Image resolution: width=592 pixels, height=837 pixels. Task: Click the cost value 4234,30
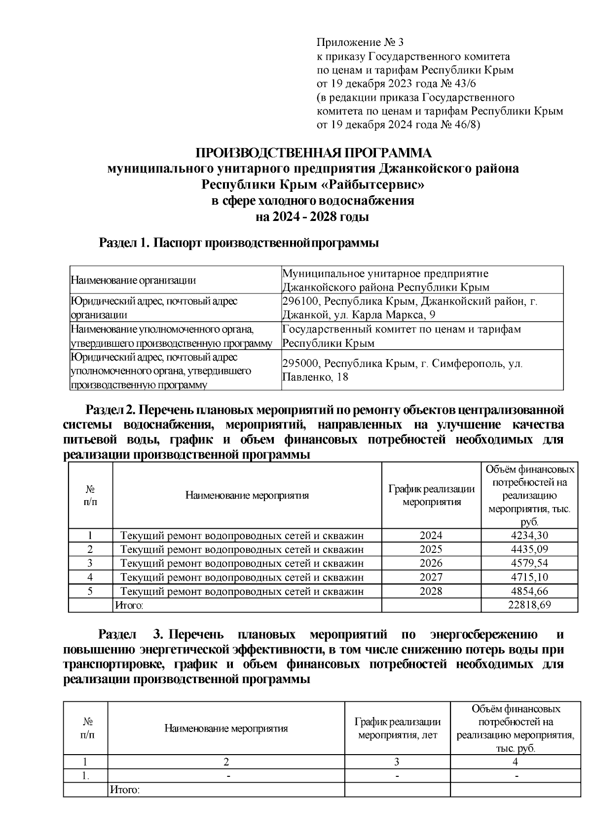529,536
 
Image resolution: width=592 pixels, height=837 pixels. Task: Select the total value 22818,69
529,605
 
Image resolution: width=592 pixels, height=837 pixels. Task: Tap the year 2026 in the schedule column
431,563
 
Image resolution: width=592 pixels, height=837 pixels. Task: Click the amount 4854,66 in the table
529,591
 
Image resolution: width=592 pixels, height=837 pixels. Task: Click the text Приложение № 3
360,42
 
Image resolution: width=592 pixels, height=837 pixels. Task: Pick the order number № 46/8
458,125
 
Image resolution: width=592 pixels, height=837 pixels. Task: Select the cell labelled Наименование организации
133,281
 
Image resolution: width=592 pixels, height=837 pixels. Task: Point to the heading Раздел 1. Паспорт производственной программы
239,243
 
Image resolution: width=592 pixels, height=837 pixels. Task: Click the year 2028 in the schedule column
431,591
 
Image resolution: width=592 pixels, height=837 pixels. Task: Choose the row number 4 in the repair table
90,577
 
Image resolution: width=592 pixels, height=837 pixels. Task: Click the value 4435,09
529,549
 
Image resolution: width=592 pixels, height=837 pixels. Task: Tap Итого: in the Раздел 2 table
129,605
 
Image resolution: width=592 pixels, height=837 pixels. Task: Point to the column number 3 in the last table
397,762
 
